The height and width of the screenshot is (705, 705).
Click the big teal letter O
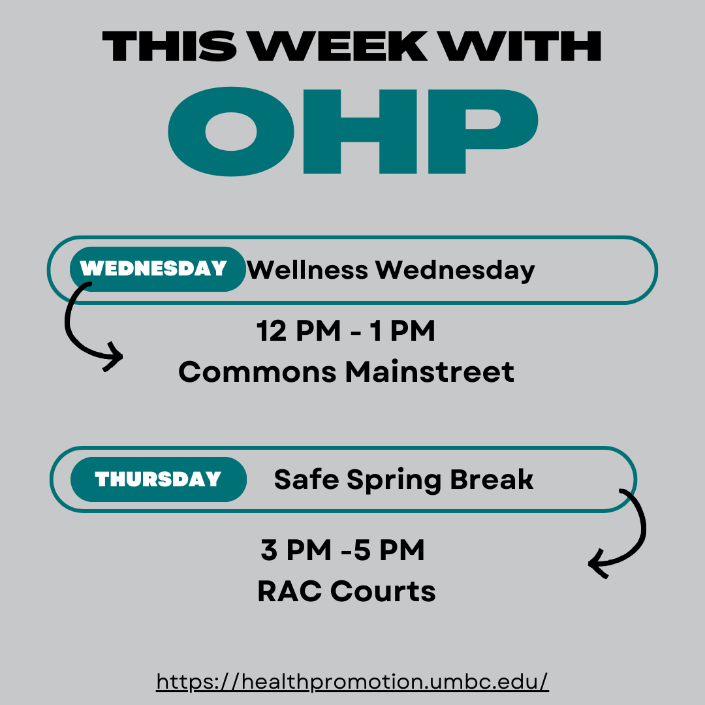(x=231, y=131)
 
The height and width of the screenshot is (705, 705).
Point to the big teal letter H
(x=360, y=131)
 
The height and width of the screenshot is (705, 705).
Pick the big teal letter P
(x=483, y=131)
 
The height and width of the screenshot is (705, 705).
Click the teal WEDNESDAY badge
(x=158, y=269)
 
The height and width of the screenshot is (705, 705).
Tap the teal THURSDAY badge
(x=159, y=479)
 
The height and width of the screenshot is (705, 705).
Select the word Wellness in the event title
(x=307, y=270)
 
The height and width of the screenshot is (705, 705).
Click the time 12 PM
(x=298, y=331)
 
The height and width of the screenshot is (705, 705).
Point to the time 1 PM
(x=402, y=331)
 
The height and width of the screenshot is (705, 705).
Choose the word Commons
(x=258, y=372)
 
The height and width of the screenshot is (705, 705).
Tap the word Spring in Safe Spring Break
(x=394, y=480)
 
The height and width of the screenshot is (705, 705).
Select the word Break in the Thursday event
(x=492, y=479)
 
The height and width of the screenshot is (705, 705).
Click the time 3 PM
(x=296, y=550)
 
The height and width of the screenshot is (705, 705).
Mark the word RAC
(x=290, y=591)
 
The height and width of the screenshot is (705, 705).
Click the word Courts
(x=383, y=591)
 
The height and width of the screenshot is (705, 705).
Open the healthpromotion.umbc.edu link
(x=352, y=681)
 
